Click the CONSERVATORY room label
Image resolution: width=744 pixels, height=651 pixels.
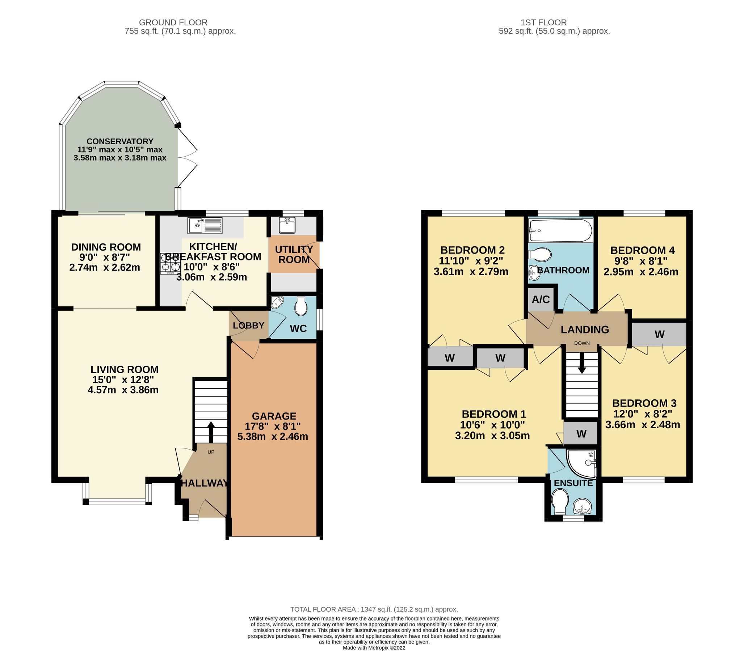119,141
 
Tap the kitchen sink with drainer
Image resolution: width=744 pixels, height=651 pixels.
205,225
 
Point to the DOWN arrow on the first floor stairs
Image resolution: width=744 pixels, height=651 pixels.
581,363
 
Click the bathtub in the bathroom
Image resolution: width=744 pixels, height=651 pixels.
560,230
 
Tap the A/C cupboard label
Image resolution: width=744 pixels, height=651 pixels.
541,299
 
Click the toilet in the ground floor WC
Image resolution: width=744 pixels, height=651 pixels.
301,306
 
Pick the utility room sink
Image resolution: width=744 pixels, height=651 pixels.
287,225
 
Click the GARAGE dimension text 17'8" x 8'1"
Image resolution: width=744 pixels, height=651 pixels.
272,426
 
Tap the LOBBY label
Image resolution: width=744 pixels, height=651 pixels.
248,325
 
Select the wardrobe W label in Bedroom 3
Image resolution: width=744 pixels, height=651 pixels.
659,334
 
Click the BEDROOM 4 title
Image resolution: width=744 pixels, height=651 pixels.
642,250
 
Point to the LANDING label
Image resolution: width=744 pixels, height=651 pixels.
584,329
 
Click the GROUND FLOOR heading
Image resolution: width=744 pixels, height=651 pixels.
173,22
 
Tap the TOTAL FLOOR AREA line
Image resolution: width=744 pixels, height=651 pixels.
374,609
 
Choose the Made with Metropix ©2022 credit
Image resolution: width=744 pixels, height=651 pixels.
374,647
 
